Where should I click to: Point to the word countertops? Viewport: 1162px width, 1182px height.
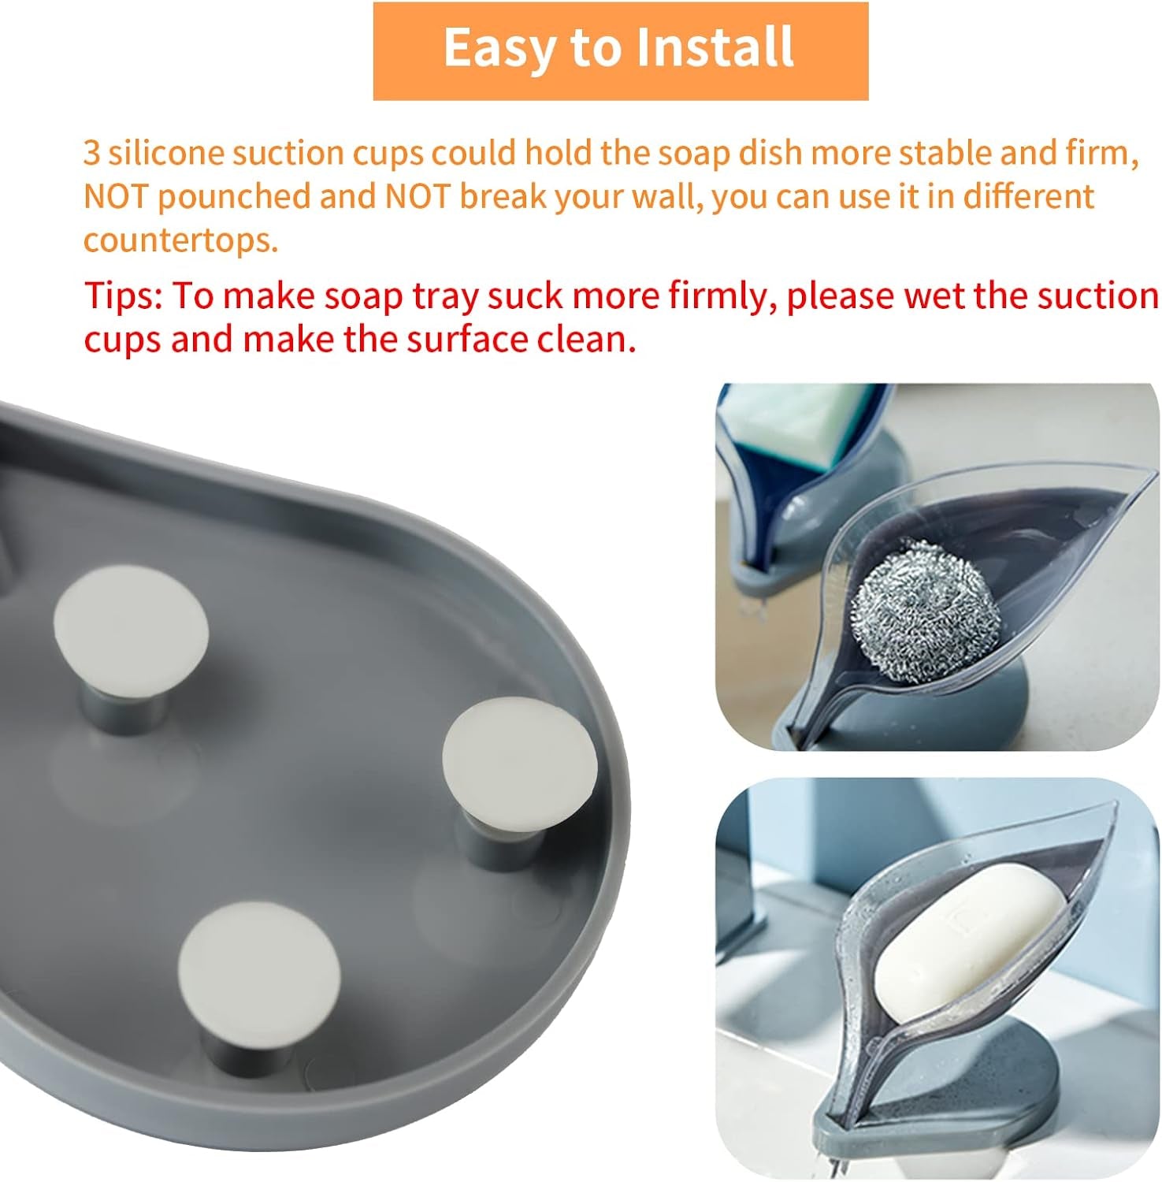[181, 240]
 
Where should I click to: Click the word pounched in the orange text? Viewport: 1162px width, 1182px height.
[234, 196]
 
